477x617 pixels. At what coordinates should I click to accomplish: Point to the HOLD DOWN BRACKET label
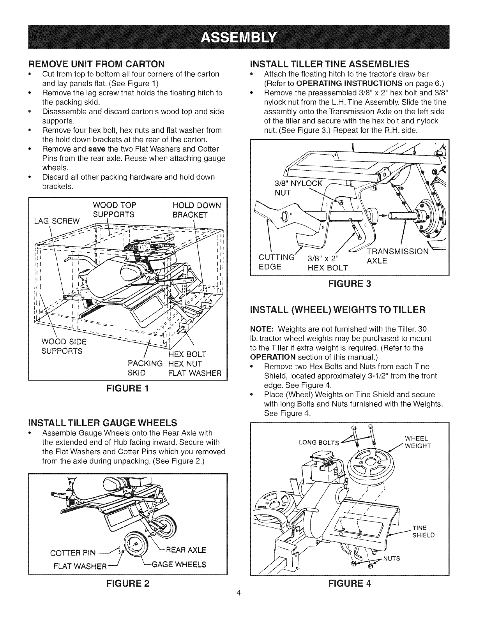click(x=196, y=210)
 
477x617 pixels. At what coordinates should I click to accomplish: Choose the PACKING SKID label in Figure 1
click(x=145, y=368)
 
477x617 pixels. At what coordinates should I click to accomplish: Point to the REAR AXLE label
click(x=184, y=550)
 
